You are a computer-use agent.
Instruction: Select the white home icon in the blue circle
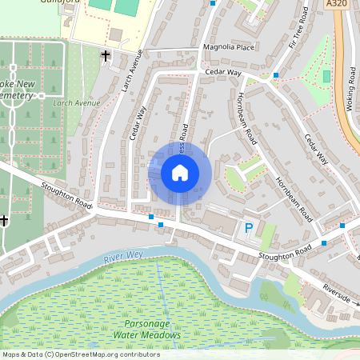[x=180, y=173]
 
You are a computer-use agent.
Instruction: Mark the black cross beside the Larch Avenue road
[x=106, y=55]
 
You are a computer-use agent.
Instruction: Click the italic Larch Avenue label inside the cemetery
[x=77, y=102]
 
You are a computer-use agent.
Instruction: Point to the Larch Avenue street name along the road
[x=130, y=73]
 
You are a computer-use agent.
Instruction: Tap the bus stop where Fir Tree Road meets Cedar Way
[x=275, y=75]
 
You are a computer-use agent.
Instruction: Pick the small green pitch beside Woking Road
[x=326, y=77]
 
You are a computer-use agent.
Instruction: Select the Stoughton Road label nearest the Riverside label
[x=284, y=254]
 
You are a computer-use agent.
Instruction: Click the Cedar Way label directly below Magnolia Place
[x=222, y=72]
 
